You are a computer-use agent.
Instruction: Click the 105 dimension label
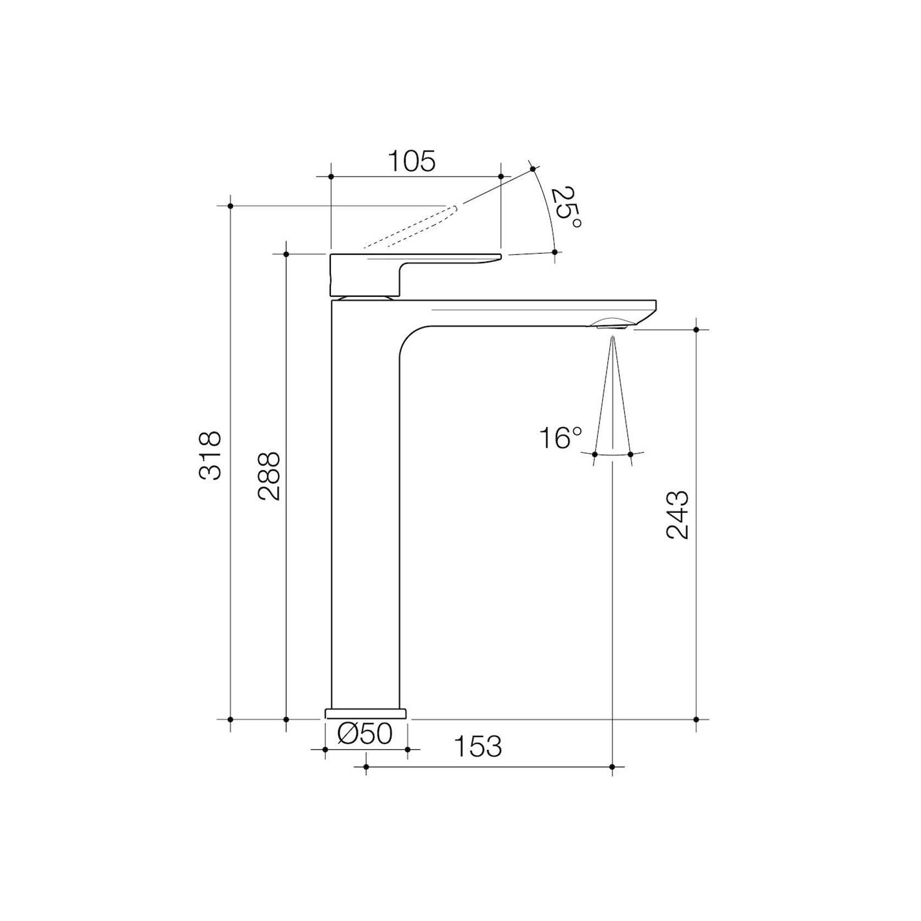(412, 162)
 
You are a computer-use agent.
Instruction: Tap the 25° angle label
(566, 209)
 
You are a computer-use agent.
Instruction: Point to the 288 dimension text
(269, 476)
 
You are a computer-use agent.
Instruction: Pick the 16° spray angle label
(560, 439)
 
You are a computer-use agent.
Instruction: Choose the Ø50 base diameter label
(365, 733)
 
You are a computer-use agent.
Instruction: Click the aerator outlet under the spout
(611, 326)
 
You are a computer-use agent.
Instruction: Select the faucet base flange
(366, 713)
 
